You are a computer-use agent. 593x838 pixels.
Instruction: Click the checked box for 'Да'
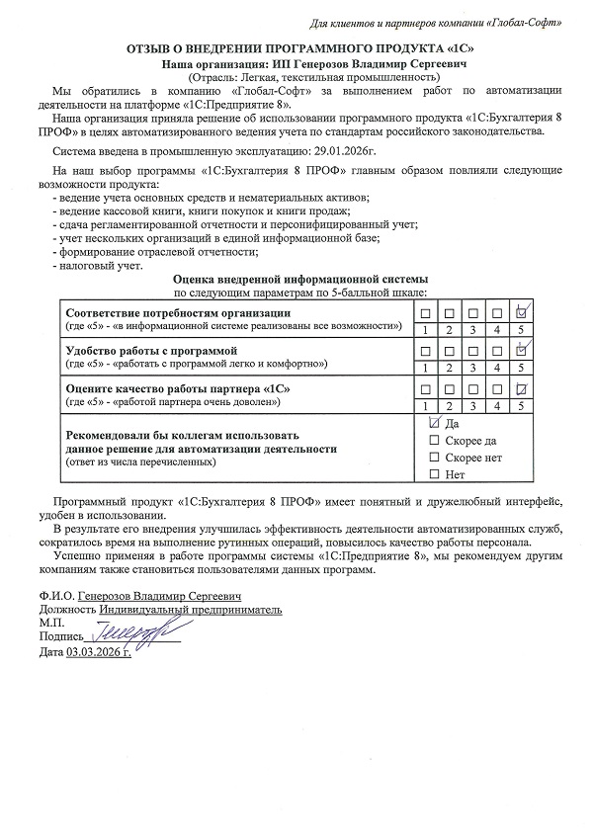[x=434, y=423]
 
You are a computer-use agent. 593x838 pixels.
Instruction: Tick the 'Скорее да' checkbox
[x=434, y=441]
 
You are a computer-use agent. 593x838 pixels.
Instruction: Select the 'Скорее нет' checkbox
[x=434, y=458]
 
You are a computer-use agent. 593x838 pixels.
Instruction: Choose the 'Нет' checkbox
[x=434, y=475]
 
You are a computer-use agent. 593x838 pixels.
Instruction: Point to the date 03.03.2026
[x=99, y=653]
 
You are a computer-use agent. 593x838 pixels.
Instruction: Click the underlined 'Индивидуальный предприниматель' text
[x=190, y=610]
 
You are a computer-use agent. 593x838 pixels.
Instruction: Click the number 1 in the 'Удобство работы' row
[x=426, y=367]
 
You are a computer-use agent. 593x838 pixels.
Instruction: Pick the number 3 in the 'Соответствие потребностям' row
[x=473, y=329]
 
